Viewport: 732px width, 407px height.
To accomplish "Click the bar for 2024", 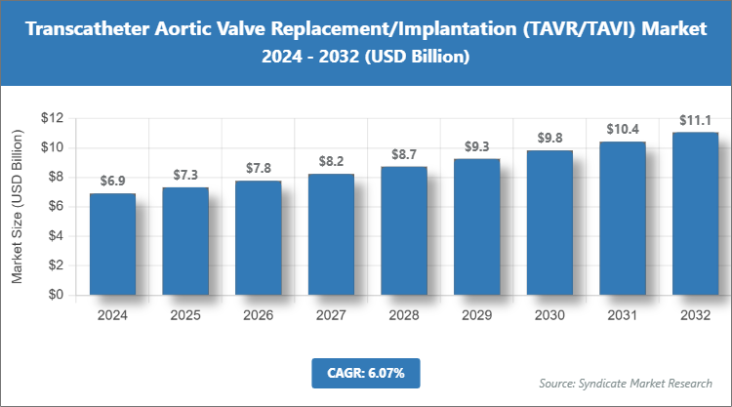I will (112, 244).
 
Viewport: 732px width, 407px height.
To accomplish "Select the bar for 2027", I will (331, 234).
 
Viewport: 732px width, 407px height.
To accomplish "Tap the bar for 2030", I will (549, 223).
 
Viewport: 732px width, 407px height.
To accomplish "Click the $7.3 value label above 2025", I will (185, 175).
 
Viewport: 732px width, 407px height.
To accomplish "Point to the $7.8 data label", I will (258, 168).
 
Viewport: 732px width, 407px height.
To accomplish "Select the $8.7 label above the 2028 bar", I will (403, 154).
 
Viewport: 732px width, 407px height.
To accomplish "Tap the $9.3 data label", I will (476, 145).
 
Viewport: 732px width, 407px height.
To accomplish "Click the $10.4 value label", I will (622, 129).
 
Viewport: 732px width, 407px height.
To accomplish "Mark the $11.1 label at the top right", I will (695, 119).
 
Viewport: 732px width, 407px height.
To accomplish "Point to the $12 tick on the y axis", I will (52, 118).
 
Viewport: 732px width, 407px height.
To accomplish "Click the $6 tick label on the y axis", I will (56, 207).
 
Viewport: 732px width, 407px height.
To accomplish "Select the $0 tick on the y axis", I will (56, 295).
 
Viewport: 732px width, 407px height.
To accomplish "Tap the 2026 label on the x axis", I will (258, 315).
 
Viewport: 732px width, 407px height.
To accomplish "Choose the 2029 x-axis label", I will (476, 315).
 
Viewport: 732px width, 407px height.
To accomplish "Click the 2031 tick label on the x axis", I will (622, 315).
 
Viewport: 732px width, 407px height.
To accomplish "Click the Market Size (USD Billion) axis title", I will (17, 206).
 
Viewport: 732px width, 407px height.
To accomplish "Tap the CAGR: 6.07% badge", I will (365, 372).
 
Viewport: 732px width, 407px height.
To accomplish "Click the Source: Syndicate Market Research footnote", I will (626, 382).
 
